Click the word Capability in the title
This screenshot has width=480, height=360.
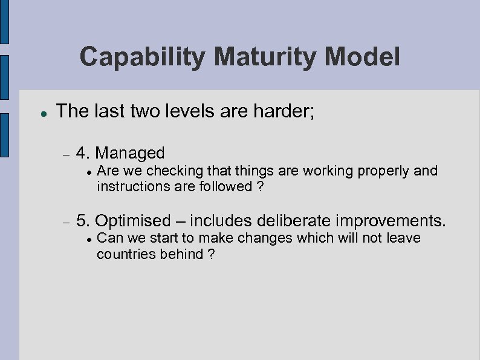point(143,58)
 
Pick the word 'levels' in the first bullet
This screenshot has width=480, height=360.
point(175,111)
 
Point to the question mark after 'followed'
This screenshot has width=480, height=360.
point(260,186)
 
